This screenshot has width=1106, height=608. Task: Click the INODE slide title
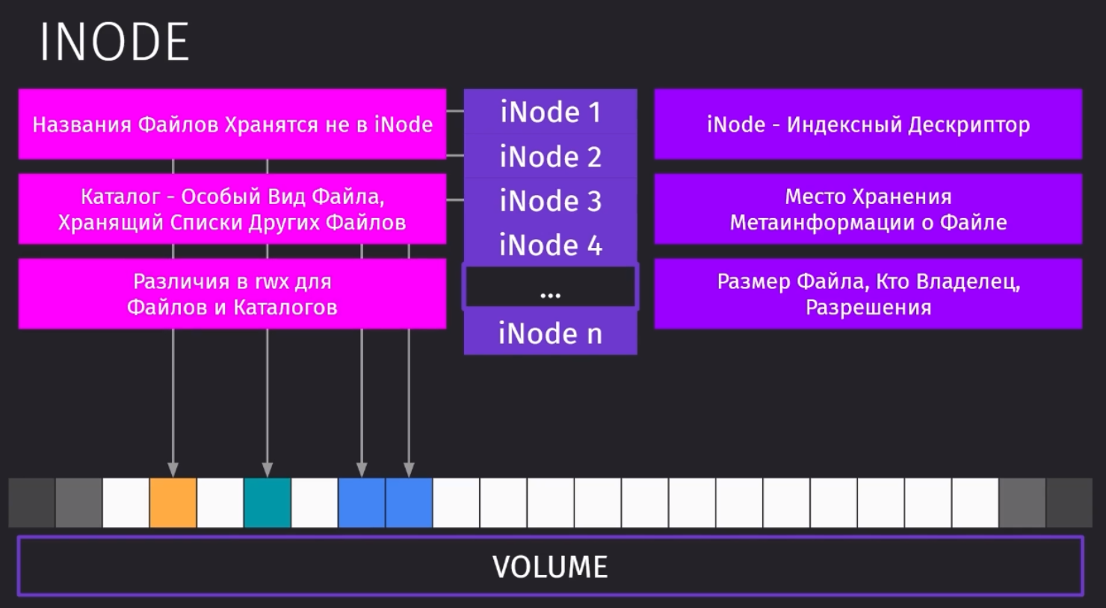tap(114, 42)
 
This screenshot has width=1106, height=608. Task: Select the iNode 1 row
tap(551, 111)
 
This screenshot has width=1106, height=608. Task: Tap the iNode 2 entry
tap(551, 156)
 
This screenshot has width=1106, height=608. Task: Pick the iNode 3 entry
tap(551, 201)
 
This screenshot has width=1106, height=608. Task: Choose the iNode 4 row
tap(551, 245)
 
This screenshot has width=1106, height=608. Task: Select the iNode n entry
tap(551, 332)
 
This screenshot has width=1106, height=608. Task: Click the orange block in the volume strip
tap(173, 503)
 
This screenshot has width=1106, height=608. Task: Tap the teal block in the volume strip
tap(267, 503)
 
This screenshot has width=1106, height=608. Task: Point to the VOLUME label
tap(550, 566)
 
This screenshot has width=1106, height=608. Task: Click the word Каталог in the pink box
tap(120, 196)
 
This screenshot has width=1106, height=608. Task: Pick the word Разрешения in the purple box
tap(868, 308)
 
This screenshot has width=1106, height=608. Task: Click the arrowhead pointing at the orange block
tap(173, 470)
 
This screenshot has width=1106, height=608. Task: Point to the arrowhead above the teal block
tap(267, 470)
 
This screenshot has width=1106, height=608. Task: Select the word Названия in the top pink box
tap(82, 125)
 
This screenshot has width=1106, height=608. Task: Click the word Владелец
tap(968, 282)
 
